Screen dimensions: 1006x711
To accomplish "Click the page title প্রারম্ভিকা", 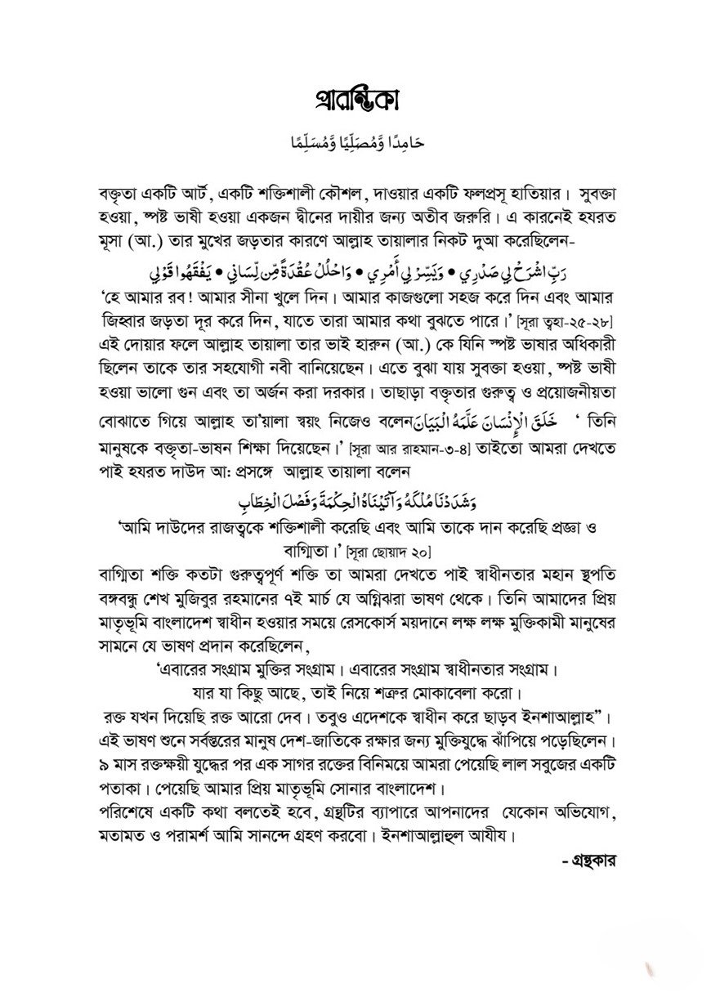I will [x=355, y=108].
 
